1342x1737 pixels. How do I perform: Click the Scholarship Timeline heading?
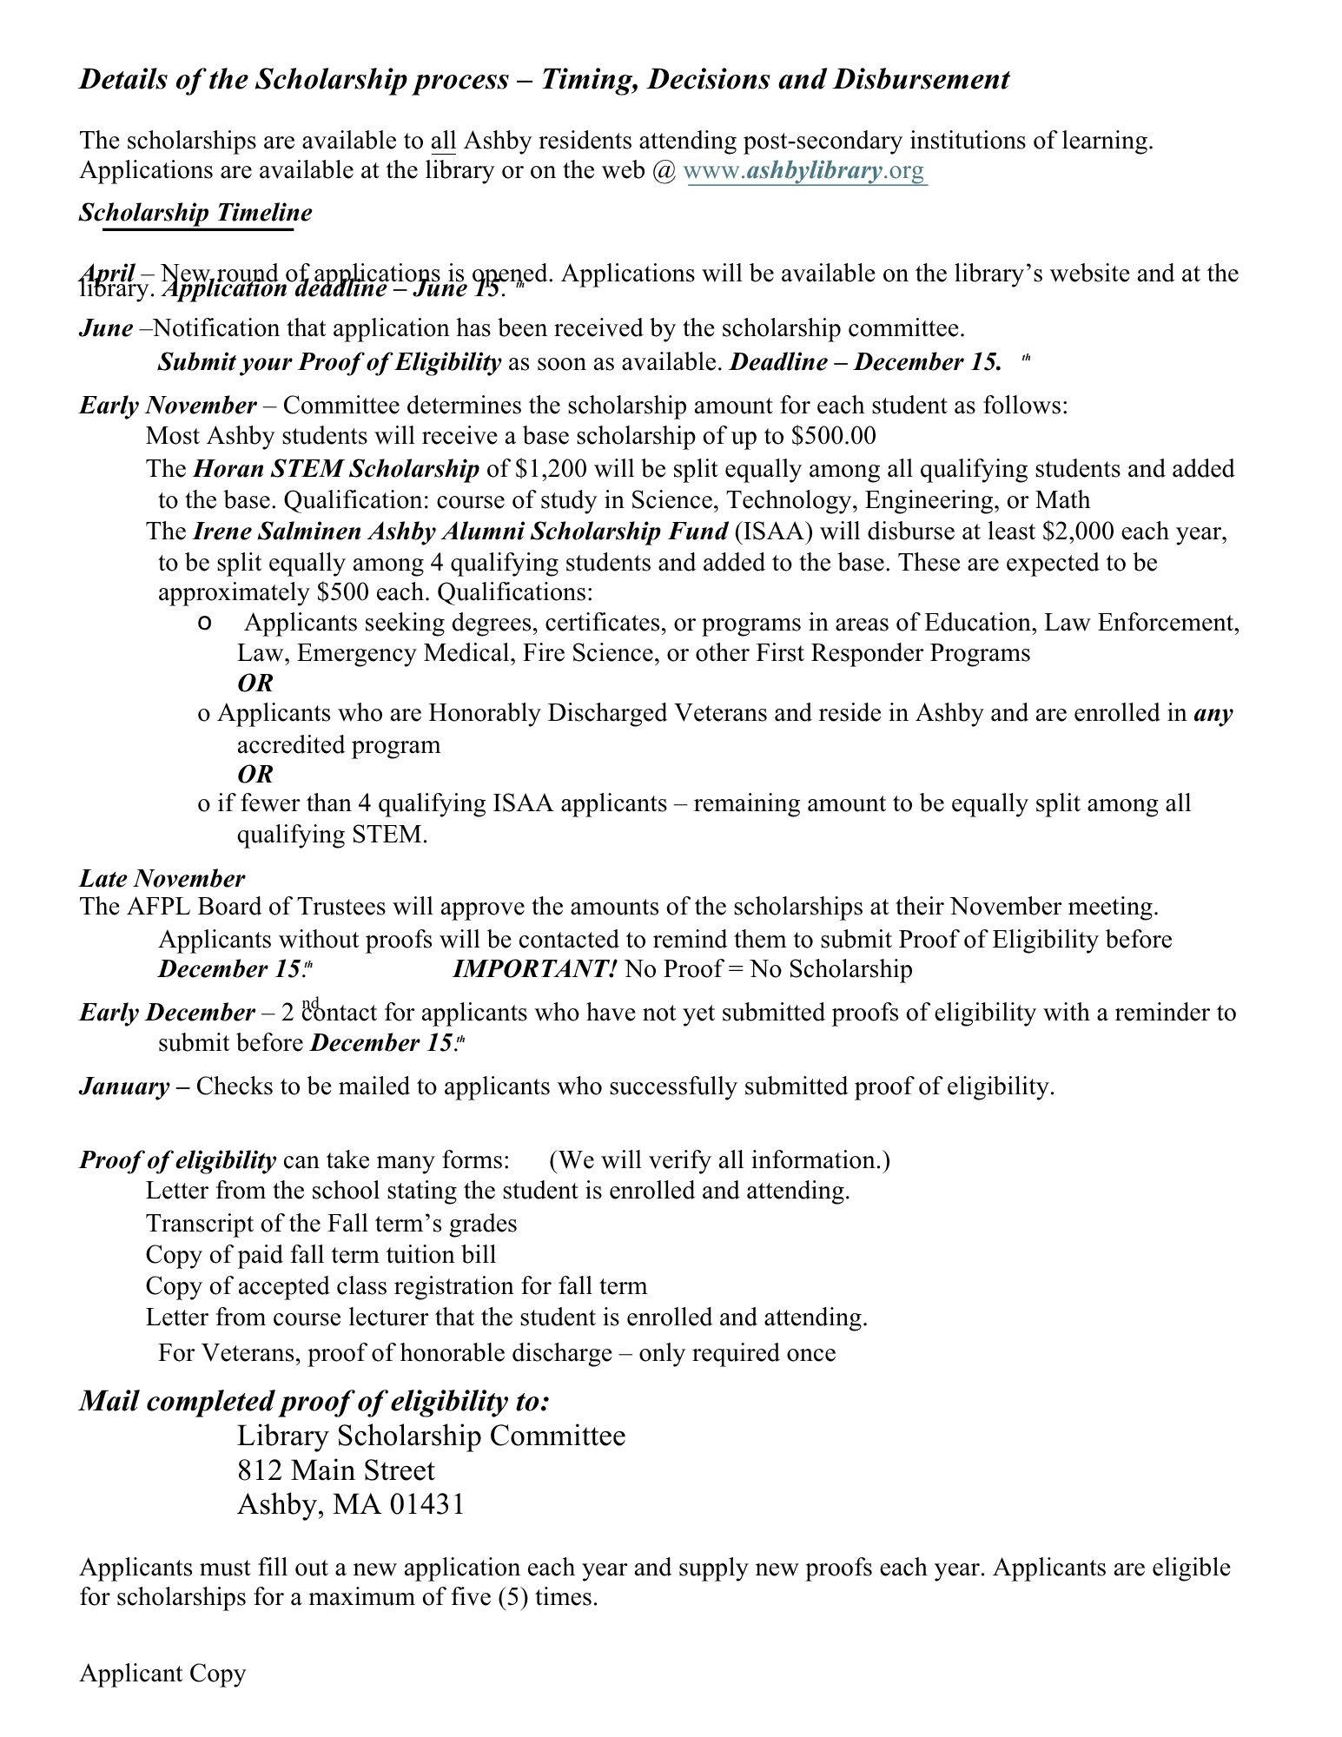click(195, 213)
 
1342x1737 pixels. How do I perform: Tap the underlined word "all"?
click(443, 141)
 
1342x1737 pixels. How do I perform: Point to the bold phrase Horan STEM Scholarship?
click(335, 469)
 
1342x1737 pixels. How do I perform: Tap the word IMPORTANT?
click(535, 968)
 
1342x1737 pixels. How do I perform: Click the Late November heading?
click(162, 878)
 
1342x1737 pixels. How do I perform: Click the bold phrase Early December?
click(168, 1013)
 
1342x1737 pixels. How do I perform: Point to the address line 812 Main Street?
click(336, 1470)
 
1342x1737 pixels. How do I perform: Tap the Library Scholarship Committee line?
click(431, 1436)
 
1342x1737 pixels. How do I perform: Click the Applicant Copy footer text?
click(162, 1674)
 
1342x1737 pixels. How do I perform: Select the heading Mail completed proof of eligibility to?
click(315, 1400)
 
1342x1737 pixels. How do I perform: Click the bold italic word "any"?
click(1213, 713)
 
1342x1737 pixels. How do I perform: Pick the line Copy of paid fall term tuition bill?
click(321, 1255)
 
